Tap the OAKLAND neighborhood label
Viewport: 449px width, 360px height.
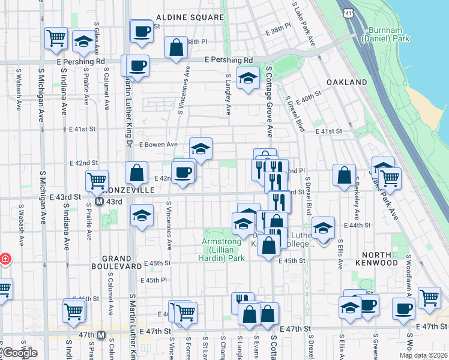[x=347, y=82]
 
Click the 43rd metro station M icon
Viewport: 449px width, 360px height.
[x=100, y=202]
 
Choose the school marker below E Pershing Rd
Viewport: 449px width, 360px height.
[x=247, y=79]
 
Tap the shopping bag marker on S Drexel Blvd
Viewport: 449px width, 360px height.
[x=345, y=176]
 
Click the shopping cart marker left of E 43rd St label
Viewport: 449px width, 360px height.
[x=97, y=179]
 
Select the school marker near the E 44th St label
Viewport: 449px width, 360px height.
[x=323, y=228]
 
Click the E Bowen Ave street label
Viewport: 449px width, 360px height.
[x=158, y=144]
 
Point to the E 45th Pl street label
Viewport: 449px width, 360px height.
[x=153, y=280]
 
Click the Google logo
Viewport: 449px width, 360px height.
[x=20, y=353]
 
